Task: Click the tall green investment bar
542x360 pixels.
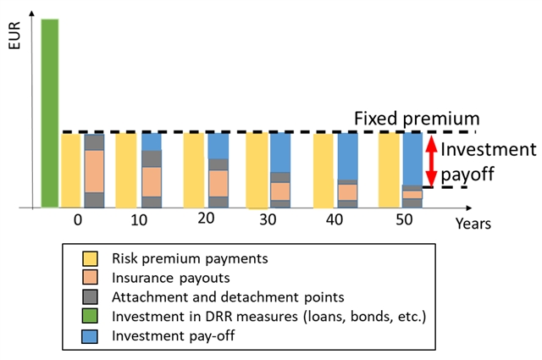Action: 50,113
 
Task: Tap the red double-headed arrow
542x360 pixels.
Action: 430,161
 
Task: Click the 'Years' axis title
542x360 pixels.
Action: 473,224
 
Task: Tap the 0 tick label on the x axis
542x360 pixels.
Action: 78,219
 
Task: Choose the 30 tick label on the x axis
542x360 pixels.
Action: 268,219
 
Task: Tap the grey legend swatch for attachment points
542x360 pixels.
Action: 89,296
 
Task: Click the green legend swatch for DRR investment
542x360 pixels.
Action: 89,316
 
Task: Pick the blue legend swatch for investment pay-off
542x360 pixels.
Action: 89,335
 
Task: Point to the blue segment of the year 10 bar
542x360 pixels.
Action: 152,141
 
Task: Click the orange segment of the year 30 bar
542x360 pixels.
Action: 280,191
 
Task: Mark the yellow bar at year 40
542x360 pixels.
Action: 323,169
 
